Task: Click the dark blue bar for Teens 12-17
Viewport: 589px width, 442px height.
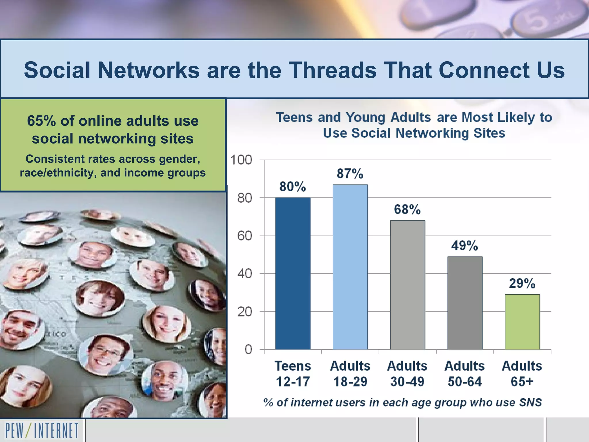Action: [x=293, y=273]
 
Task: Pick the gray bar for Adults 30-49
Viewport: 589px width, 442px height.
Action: [x=407, y=285]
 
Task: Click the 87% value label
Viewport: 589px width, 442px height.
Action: [x=350, y=174]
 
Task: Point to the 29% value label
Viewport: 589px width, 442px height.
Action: [x=522, y=283]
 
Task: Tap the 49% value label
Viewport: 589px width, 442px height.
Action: [x=464, y=246]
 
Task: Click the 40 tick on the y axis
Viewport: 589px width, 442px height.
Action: [x=244, y=274]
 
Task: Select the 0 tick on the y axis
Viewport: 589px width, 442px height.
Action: [x=248, y=349]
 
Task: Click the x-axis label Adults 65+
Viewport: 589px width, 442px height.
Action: [x=522, y=374]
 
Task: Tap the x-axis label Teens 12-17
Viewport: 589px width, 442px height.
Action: [x=293, y=374]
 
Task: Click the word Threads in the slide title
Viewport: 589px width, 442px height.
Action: [x=332, y=70]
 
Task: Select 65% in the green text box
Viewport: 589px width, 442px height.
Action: [x=41, y=121]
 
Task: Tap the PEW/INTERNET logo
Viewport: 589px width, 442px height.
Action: [x=42, y=430]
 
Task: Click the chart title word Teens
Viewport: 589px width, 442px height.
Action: [x=294, y=117]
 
